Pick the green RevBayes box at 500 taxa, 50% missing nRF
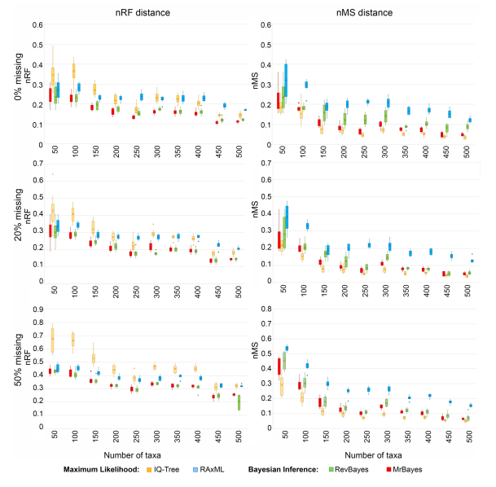238,402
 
